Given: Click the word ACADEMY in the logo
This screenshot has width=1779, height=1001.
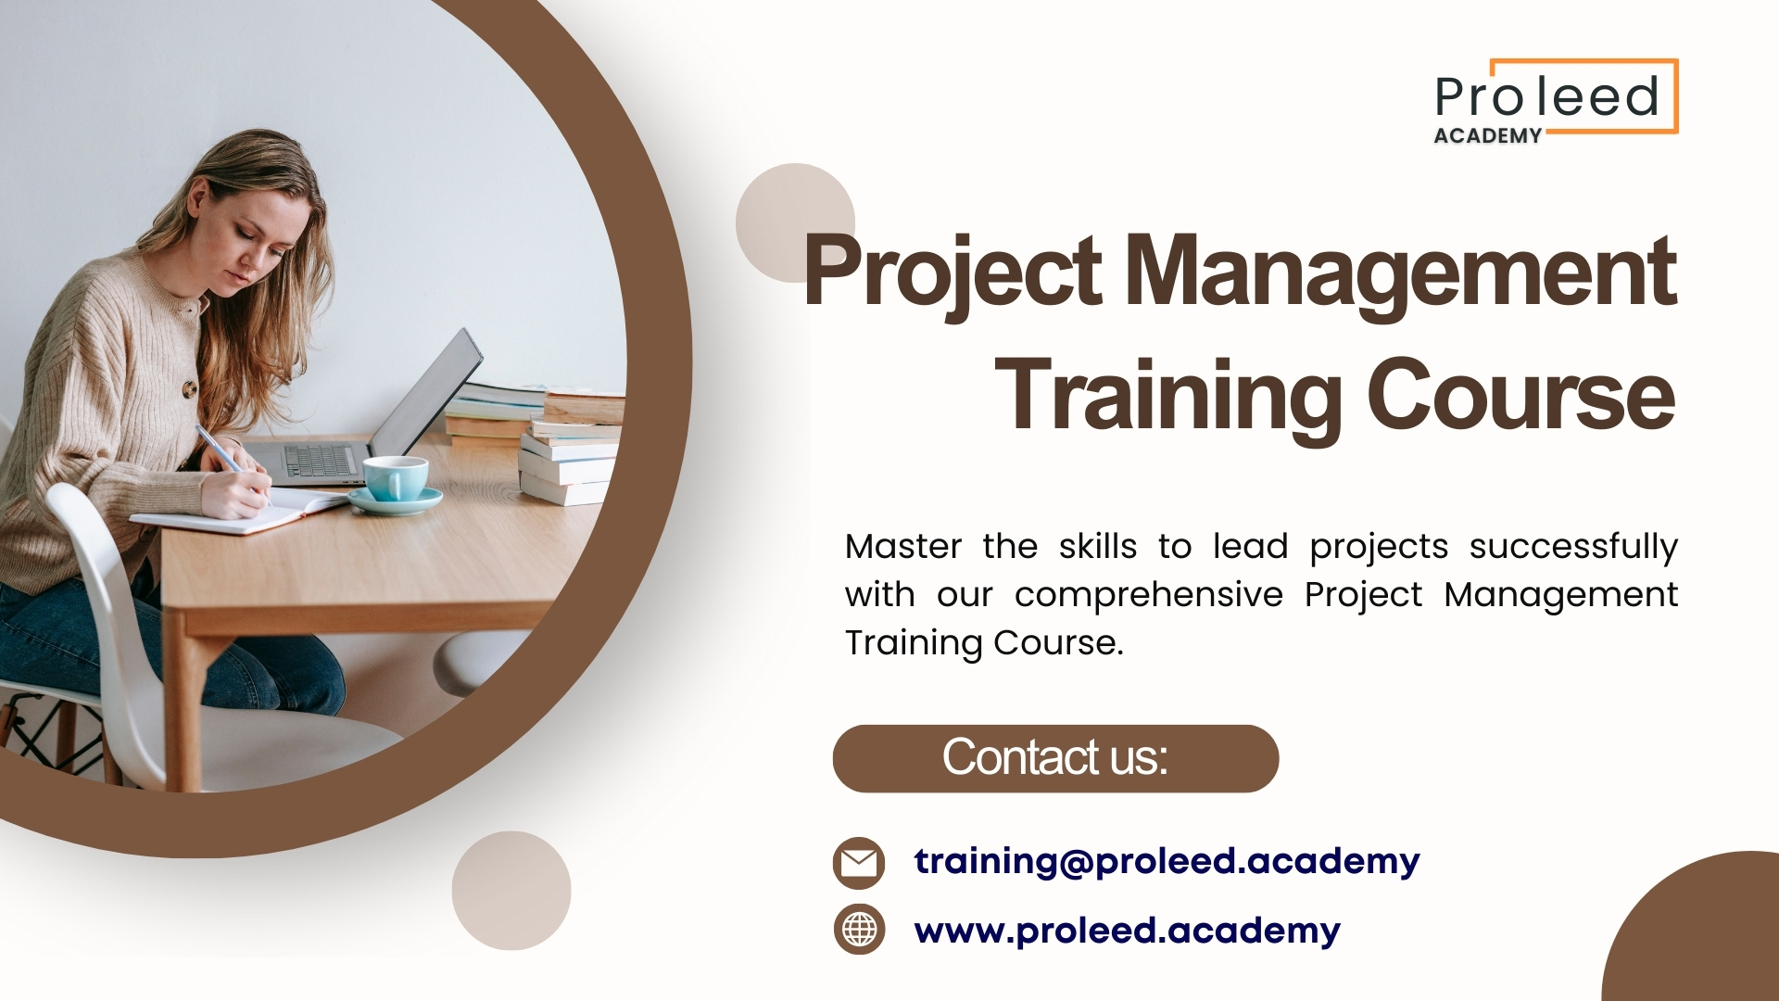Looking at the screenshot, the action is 1487,135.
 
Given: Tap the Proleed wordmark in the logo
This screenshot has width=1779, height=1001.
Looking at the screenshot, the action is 1546,96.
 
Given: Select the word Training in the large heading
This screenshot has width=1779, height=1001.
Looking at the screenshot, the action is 1167,396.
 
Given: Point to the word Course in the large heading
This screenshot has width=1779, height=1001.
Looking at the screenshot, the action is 1521,396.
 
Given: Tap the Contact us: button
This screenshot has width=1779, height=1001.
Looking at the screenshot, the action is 1055,758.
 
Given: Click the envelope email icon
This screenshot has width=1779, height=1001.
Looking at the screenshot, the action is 859,863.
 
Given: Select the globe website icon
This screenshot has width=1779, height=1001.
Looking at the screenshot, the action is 859,929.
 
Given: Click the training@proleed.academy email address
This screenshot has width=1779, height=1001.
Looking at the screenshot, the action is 1167,861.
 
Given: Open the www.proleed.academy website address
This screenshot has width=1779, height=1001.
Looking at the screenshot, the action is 1127,931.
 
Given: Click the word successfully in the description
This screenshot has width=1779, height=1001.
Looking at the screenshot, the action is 1573,548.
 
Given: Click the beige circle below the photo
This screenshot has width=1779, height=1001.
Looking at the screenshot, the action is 511,891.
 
